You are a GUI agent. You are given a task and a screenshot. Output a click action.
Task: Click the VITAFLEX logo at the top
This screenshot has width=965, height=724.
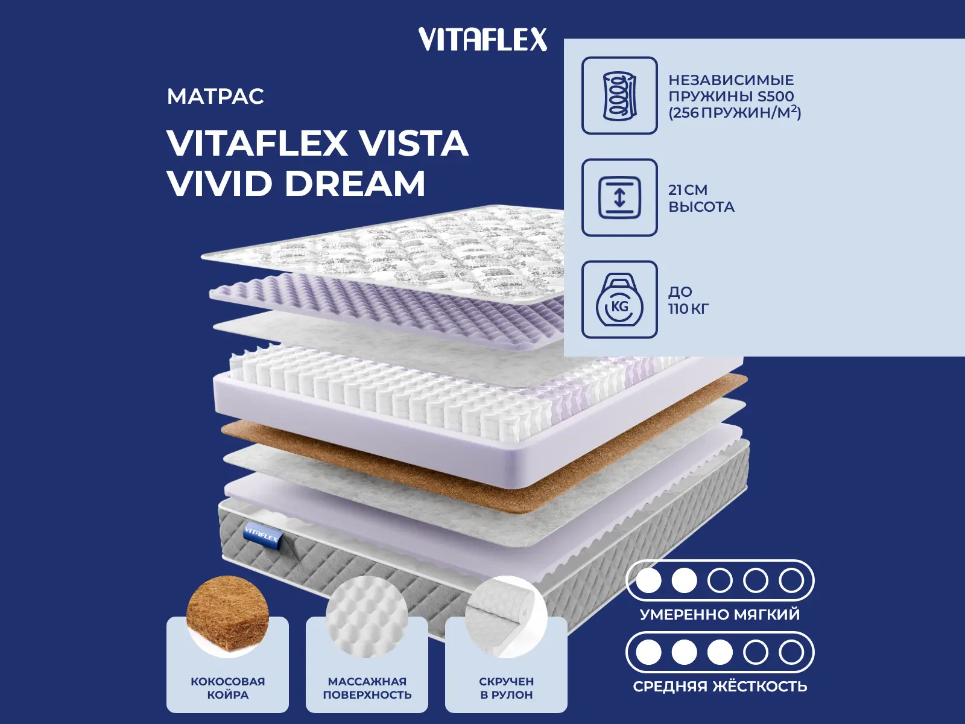click(x=482, y=40)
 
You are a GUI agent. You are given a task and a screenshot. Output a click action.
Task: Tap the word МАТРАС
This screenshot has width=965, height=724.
click(x=215, y=97)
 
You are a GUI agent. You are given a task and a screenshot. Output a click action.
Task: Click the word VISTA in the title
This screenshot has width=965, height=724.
click(x=413, y=144)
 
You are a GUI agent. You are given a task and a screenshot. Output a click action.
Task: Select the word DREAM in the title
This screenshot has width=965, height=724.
click(x=355, y=183)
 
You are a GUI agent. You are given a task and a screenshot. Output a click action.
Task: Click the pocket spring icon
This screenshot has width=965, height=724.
click(x=619, y=96)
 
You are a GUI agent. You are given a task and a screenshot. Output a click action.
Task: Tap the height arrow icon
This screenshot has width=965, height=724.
click(x=619, y=197)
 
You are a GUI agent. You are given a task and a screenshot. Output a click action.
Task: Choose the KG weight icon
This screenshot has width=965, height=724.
click(x=619, y=300)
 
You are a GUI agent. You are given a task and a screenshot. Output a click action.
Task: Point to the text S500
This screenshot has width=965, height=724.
click(x=776, y=97)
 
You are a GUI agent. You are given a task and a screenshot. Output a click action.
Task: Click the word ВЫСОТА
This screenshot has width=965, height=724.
click(x=701, y=207)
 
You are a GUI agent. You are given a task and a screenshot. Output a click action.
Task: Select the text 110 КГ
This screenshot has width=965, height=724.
click(x=688, y=309)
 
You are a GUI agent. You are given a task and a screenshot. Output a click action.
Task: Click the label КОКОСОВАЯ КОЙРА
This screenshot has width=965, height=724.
click(x=227, y=688)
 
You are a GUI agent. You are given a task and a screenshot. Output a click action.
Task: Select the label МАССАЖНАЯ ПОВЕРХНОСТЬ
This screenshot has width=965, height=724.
click(x=367, y=688)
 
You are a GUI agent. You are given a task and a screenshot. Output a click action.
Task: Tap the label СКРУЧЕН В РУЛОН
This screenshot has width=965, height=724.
click(x=506, y=688)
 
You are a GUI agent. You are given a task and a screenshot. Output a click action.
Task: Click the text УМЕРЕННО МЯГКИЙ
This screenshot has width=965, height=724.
click(x=720, y=615)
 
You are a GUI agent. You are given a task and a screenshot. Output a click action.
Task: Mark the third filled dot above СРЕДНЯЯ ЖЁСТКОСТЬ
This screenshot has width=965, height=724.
click(x=720, y=652)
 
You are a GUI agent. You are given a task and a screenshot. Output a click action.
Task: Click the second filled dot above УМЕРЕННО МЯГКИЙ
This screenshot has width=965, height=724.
click(x=684, y=581)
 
